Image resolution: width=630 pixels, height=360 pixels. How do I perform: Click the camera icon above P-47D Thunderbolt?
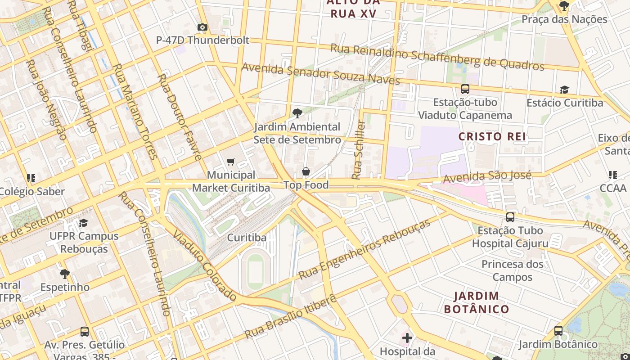(x=202, y=27)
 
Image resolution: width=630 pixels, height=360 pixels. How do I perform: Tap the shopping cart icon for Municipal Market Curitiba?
(x=231, y=162)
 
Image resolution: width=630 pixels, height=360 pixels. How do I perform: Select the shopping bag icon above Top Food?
(x=306, y=171)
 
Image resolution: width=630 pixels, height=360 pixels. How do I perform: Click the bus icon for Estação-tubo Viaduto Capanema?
(x=465, y=89)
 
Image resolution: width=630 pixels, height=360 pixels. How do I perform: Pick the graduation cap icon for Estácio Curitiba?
(x=564, y=90)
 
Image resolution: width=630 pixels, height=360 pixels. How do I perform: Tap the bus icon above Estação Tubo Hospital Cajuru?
(x=510, y=217)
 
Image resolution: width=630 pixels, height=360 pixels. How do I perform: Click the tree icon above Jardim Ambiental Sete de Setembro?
(x=297, y=113)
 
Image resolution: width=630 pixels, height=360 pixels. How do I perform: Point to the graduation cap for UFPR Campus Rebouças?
(x=84, y=223)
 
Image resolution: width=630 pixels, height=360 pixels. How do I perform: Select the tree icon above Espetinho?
(x=65, y=274)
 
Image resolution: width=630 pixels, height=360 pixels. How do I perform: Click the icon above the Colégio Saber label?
(x=31, y=178)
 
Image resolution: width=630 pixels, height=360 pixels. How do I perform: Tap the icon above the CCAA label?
(x=612, y=175)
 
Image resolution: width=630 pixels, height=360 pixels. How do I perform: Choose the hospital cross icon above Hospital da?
(x=407, y=337)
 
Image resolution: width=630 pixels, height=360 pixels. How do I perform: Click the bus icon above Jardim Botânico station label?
(x=558, y=331)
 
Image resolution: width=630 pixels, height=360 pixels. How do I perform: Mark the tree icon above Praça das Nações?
(x=564, y=6)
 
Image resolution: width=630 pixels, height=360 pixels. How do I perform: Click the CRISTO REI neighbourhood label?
(x=492, y=136)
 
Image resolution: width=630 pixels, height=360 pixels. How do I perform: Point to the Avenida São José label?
(x=487, y=177)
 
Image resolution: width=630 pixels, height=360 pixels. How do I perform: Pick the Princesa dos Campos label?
(x=512, y=270)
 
